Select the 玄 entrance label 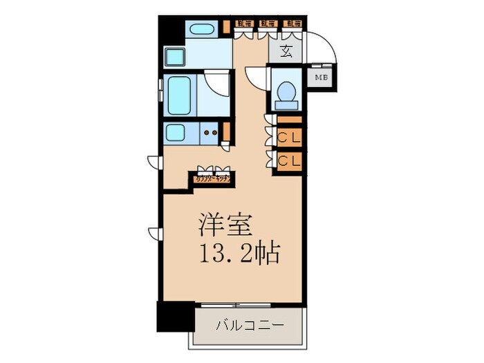pos(286,50)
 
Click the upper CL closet pos(289,137)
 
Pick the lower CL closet pos(289,161)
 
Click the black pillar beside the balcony pos(174,317)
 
